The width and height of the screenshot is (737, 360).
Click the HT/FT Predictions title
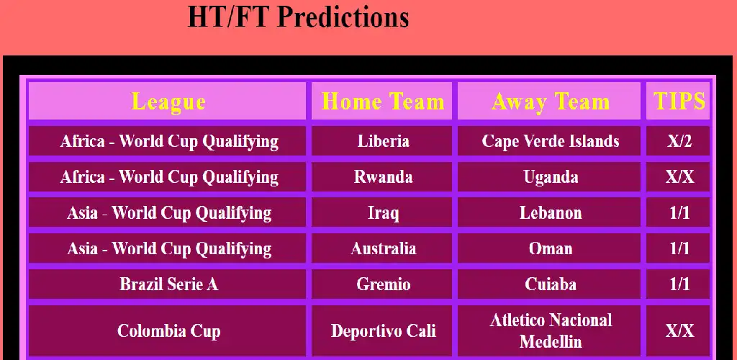(x=298, y=17)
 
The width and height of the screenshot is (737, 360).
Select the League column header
(x=167, y=101)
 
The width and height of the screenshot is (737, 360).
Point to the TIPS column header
(x=678, y=101)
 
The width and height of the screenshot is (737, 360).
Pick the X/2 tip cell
(x=678, y=140)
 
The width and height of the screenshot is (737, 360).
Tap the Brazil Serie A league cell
(x=167, y=284)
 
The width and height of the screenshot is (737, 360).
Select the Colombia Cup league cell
(x=167, y=331)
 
